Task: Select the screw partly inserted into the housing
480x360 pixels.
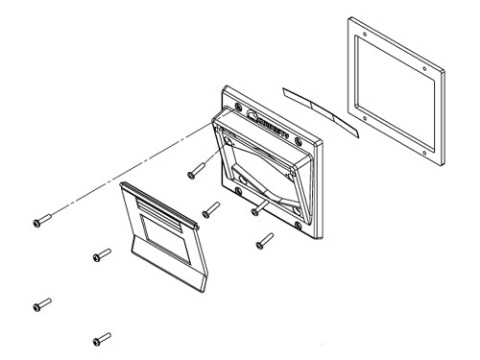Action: (x=258, y=207)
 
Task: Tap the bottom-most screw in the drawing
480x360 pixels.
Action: (x=101, y=338)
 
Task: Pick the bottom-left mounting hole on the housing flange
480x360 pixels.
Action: (x=237, y=191)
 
